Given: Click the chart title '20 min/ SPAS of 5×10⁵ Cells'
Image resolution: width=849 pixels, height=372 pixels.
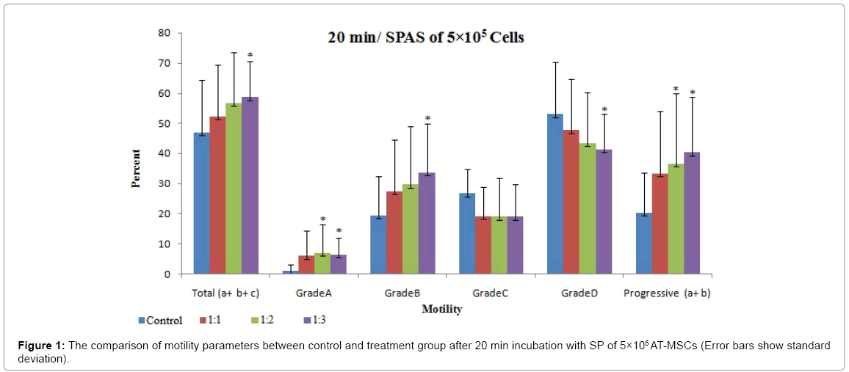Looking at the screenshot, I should pos(425,37).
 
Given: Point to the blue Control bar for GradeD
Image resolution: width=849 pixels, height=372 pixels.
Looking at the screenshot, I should pos(554,194).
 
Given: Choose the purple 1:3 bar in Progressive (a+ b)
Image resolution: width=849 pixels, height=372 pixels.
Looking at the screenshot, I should pos(692,213).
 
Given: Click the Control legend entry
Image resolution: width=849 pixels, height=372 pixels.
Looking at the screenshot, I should pos(159,320).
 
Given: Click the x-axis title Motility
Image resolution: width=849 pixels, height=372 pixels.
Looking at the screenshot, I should pos(441,310).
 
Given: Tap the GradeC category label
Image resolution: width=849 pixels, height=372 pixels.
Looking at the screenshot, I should pos(490,293).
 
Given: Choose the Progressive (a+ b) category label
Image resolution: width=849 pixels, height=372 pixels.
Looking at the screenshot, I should pos(667,293).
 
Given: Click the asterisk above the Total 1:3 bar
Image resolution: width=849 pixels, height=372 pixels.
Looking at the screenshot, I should pos(250,56).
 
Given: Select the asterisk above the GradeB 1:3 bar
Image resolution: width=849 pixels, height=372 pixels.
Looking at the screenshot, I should pos(427,119).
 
